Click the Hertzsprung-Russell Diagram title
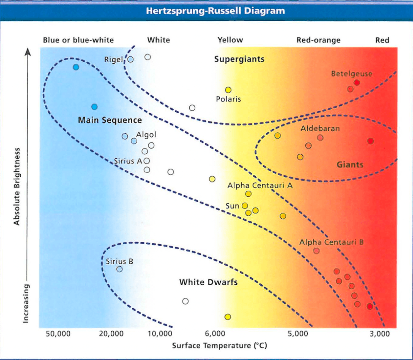click(x=216, y=11)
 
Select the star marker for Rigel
click(x=130, y=59)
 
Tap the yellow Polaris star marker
click(x=228, y=90)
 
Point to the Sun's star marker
click(x=244, y=206)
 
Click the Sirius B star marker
click(x=120, y=269)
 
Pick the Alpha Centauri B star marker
click(x=316, y=251)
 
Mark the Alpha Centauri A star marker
click(x=248, y=194)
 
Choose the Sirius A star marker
click(x=147, y=161)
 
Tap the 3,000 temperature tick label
click(x=380, y=334)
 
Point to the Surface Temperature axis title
click(x=219, y=345)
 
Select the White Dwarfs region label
click(x=208, y=282)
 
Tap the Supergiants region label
click(x=239, y=59)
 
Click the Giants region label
click(x=350, y=165)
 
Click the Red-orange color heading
click(x=318, y=40)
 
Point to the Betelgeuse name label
click(x=351, y=74)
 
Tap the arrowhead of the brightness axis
click(x=28, y=51)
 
